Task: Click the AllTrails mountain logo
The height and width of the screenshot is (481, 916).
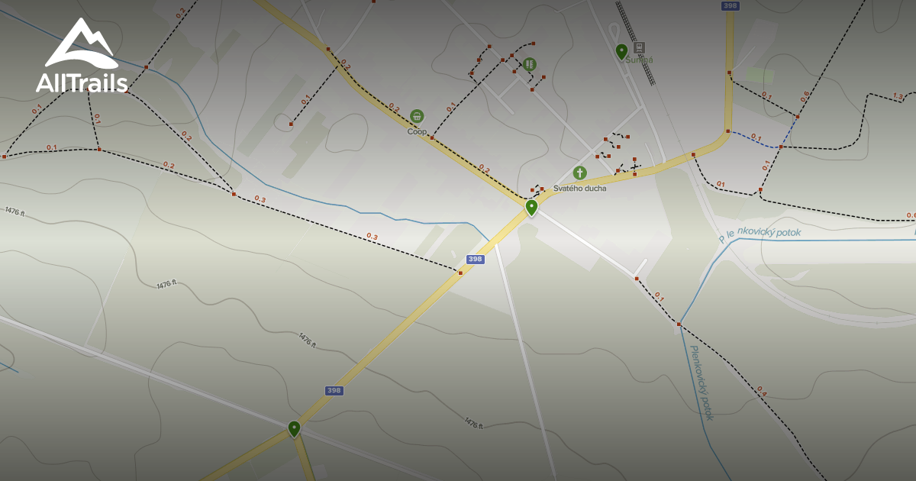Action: tap(81, 44)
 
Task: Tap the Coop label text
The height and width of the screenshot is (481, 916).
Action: tap(417, 131)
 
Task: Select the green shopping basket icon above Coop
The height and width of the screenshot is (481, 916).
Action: tap(417, 116)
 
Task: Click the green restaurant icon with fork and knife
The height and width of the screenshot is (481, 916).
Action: tap(529, 64)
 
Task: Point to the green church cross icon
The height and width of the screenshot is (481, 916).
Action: tap(579, 173)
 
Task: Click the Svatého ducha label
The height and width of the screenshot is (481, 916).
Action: tap(579, 188)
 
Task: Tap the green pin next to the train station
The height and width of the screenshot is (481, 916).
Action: tap(621, 50)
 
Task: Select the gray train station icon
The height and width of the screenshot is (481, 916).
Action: tap(639, 47)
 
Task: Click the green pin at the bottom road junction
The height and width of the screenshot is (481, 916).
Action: tap(294, 428)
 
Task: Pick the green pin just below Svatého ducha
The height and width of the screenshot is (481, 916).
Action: tap(531, 206)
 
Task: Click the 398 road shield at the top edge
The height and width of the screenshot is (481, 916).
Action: tap(730, 6)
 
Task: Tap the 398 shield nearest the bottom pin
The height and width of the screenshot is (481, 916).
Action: tap(334, 390)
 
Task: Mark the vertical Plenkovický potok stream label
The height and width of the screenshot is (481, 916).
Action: tap(702, 383)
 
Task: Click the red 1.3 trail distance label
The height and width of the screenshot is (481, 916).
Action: tap(898, 96)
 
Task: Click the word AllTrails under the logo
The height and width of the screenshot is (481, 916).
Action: tap(81, 82)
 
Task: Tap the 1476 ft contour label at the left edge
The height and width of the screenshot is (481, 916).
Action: tap(15, 211)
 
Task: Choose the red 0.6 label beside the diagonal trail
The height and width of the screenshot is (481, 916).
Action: tap(805, 97)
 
